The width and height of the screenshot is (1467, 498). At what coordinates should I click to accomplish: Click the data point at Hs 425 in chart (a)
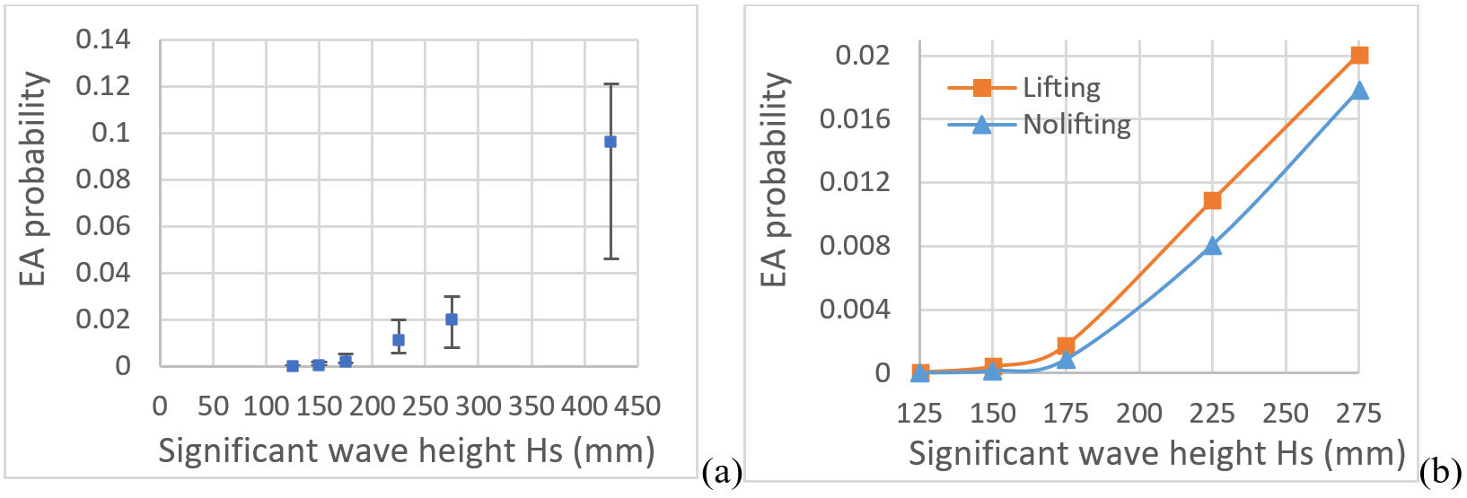click(611, 142)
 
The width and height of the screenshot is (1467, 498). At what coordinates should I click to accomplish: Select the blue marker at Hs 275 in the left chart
click(452, 319)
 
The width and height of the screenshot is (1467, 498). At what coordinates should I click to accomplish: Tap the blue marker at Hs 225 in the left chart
click(399, 340)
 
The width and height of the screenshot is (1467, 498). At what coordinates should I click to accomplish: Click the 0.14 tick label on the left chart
click(102, 39)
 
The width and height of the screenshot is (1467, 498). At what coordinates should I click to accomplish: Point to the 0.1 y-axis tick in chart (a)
click(111, 133)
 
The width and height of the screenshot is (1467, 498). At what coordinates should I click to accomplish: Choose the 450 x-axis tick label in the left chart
click(637, 406)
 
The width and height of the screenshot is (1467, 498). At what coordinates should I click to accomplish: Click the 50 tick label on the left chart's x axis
click(213, 406)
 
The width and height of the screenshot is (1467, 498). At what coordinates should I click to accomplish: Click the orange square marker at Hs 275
click(1359, 56)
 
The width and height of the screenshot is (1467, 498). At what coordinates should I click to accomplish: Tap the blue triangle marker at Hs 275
click(1359, 90)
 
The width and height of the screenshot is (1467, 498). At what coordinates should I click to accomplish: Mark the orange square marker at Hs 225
click(1213, 200)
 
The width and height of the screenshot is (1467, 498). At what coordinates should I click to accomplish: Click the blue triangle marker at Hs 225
click(1213, 245)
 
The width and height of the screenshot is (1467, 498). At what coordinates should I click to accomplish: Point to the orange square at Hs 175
click(1066, 345)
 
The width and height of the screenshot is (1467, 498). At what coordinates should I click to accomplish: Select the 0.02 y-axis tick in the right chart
click(862, 56)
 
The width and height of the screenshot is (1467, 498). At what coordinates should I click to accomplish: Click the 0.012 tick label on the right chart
click(855, 182)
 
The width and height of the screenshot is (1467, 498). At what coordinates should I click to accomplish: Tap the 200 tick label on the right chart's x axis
click(1139, 414)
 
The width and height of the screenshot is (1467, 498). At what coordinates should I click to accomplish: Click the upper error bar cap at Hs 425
click(611, 84)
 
